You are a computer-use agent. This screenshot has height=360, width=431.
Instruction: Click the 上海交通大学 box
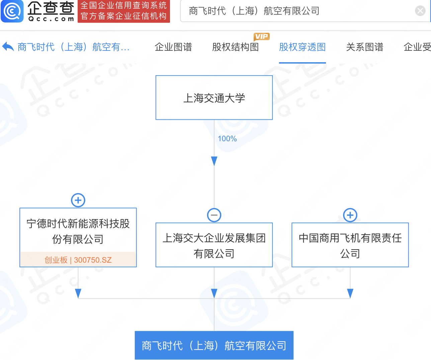click(214, 98)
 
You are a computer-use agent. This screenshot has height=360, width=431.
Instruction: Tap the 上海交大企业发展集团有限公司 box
click(214, 245)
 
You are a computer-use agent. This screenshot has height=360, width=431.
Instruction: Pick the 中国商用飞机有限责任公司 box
click(350, 245)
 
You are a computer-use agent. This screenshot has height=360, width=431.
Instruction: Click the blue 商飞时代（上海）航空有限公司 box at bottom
click(214, 345)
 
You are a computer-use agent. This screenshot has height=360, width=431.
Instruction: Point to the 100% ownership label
click(227, 139)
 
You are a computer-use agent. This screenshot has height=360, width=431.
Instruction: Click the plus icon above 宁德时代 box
click(78, 200)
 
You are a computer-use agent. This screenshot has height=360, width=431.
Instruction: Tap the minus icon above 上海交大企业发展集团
click(214, 215)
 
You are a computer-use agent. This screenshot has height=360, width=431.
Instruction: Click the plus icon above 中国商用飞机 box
click(350, 215)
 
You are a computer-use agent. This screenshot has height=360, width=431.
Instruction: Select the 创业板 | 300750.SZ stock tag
click(78, 260)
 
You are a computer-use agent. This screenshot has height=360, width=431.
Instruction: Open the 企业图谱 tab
click(173, 47)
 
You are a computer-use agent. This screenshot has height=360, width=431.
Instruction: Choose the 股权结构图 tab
click(235, 47)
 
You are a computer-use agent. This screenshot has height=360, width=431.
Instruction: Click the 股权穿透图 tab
click(302, 47)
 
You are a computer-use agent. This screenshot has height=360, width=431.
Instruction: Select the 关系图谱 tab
click(364, 47)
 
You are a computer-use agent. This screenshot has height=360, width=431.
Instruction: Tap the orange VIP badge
click(261, 36)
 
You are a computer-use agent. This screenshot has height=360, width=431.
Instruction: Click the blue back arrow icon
click(8, 47)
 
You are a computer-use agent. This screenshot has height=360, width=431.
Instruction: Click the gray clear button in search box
click(420, 11)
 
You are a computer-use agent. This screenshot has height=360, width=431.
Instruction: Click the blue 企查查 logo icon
click(12, 11)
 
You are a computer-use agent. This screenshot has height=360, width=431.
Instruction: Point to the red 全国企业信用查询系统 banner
click(124, 11)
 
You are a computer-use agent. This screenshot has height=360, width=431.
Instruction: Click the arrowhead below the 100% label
click(214, 161)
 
